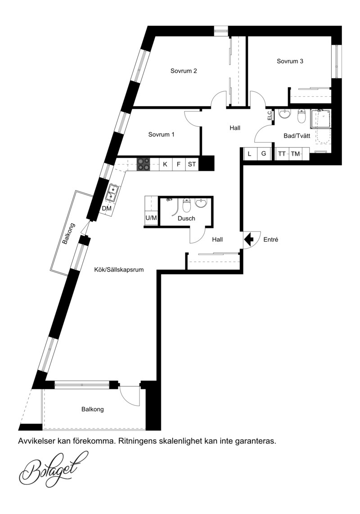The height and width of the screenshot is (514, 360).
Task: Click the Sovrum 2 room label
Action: coord(184,71)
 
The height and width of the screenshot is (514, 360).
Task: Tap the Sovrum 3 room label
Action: coord(290,61)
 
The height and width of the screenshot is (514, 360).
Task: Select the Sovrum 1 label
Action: coord(161,134)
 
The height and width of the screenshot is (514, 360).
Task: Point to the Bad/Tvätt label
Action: coord(297,136)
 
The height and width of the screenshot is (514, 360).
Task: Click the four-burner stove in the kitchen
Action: coord(144,164)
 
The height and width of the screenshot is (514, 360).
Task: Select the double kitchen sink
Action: coord(112,193)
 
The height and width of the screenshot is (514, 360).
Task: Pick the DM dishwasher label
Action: coord(107,209)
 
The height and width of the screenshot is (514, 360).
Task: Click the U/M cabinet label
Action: coord(151,218)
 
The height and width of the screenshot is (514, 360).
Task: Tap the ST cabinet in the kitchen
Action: coord(192,164)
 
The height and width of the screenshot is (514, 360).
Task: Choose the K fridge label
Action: coord(165,164)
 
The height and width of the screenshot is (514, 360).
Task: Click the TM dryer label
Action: coord(295,153)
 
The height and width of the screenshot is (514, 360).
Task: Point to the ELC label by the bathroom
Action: coord(269,116)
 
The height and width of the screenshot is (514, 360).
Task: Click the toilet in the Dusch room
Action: coord(186,205)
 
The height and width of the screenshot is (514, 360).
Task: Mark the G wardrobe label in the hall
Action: coord(264,153)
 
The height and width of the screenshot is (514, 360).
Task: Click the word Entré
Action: coord(271,240)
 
